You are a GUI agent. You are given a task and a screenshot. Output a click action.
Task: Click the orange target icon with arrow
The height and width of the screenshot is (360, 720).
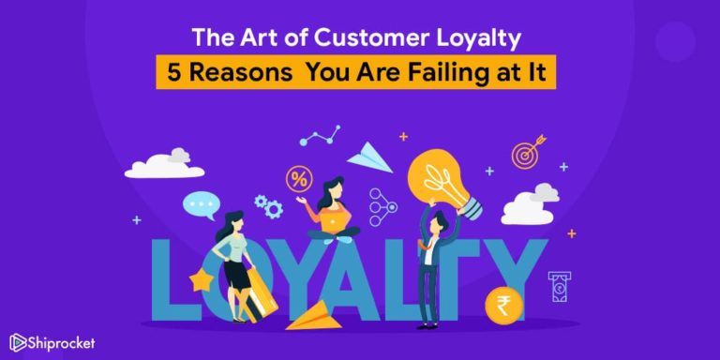(x=526, y=154)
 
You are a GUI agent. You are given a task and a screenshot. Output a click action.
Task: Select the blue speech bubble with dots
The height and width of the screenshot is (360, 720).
(x=199, y=202)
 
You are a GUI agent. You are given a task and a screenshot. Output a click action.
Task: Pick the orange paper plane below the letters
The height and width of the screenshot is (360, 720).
(x=314, y=314)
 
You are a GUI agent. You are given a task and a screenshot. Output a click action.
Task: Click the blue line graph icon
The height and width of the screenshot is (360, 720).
(x=320, y=136)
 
